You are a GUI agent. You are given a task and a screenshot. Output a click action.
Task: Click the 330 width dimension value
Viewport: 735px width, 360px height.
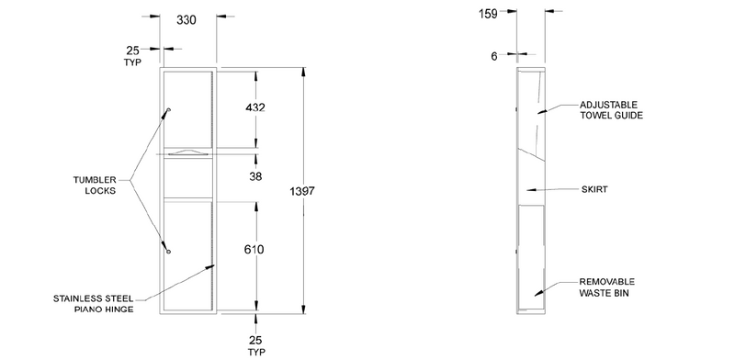pyautogui.click(x=187, y=20)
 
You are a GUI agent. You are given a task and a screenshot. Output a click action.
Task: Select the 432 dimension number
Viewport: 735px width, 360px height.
pyautogui.click(x=255, y=107)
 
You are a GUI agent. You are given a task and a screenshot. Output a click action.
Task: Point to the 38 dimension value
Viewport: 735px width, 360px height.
pyautogui.click(x=255, y=176)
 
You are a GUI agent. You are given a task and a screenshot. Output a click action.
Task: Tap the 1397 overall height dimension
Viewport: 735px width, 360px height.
pyautogui.click(x=302, y=191)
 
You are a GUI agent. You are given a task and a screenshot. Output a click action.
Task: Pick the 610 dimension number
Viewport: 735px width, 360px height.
pyautogui.click(x=254, y=250)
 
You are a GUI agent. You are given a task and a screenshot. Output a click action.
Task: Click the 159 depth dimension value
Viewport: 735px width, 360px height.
pyautogui.click(x=488, y=14)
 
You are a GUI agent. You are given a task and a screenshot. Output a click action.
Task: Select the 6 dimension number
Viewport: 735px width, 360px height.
pyautogui.click(x=494, y=57)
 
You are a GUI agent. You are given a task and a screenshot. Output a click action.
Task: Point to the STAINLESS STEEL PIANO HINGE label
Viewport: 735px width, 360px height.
pyautogui.click(x=94, y=304)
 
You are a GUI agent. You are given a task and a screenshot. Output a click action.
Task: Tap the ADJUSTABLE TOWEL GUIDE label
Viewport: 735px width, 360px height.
pyautogui.click(x=611, y=110)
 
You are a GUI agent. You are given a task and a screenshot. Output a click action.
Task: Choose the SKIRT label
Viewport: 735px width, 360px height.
pyautogui.click(x=594, y=189)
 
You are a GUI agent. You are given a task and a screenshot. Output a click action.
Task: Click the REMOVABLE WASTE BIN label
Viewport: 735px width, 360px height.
pyautogui.click(x=607, y=287)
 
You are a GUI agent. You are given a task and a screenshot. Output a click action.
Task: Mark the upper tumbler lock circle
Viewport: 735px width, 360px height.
pyautogui.click(x=169, y=110)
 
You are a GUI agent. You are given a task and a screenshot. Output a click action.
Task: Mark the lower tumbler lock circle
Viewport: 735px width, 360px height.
pyautogui.click(x=169, y=252)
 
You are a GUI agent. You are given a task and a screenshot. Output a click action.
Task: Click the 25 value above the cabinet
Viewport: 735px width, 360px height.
pyautogui.click(x=132, y=51)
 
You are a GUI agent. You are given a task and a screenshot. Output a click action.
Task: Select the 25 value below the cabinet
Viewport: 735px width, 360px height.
pyautogui.click(x=255, y=341)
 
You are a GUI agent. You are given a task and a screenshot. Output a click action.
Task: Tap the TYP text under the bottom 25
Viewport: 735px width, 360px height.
pyautogui.click(x=255, y=352)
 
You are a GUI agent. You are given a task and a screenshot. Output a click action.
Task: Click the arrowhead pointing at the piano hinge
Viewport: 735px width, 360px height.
pyautogui.click(x=210, y=267)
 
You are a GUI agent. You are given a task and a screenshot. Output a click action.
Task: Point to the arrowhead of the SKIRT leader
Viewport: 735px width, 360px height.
pyautogui.click(x=531, y=190)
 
